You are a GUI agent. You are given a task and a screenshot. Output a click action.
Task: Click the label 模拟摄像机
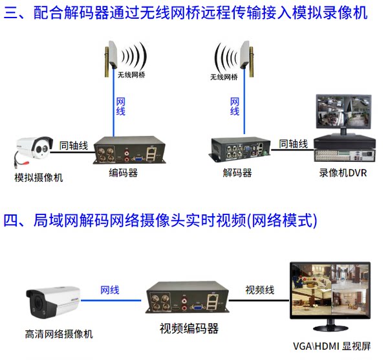tap(39, 177)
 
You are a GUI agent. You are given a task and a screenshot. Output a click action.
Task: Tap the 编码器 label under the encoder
tap(123, 173)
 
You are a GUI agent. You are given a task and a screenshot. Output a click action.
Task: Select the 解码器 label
tap(237, 173)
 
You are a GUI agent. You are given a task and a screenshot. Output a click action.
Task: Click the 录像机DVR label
tap(343, 173)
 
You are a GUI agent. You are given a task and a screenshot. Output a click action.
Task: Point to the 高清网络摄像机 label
tap(59, 334)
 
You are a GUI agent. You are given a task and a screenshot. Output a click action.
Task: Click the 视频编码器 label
tap(189, 328)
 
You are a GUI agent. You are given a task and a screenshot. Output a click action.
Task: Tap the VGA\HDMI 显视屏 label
tap(332, 346)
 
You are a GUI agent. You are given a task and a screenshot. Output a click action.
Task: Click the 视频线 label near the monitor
tap(259, 290)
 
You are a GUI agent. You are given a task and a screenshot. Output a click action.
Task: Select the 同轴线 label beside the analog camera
tap(74, 146)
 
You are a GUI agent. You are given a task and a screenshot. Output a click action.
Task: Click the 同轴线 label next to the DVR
tap(293, 144)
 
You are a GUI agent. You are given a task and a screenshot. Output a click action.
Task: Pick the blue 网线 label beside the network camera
tap(110, 290)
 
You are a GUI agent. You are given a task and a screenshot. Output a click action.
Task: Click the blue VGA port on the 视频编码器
tap(197, 307)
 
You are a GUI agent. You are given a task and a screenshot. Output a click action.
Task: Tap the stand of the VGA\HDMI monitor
tap(330, 326)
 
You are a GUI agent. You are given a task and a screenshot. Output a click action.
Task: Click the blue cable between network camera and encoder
tap(111, 300)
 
